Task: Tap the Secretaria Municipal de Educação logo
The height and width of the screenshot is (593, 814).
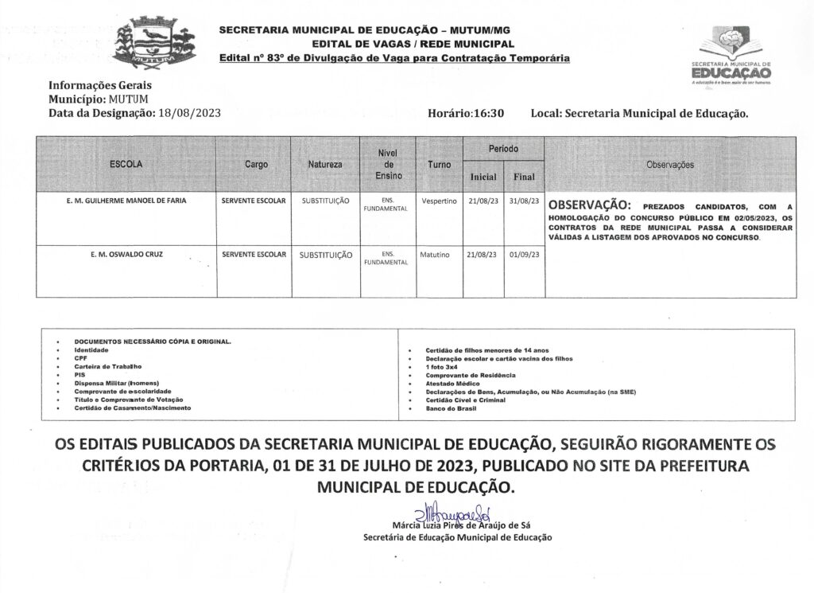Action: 731,56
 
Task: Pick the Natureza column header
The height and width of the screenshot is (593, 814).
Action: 324,164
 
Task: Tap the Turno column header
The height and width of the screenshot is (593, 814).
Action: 439,164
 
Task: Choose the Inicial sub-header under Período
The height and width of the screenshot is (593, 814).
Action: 483,177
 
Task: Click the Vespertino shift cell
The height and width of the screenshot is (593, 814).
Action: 439,201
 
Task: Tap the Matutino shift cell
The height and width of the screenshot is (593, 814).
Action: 436,256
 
